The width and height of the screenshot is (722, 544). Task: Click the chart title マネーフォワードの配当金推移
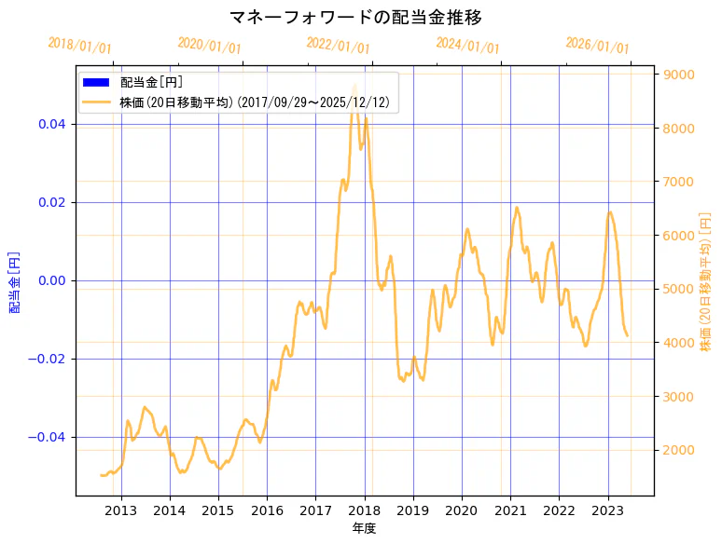coord(355,18)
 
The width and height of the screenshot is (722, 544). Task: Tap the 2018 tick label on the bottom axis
coord(365,510)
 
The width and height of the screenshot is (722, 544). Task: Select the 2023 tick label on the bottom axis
coord(608,510)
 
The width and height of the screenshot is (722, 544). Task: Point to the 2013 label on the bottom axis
coord(121,510)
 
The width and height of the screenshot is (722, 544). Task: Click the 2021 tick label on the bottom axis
coord(510,510)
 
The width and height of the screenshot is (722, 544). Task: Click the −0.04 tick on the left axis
coord(49,437)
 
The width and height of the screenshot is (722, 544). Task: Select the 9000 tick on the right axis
coord(677,75)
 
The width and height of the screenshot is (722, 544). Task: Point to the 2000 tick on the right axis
coord(677,450)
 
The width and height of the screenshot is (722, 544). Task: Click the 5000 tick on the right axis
coord(677,289)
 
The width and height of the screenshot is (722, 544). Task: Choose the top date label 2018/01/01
coord(79,46)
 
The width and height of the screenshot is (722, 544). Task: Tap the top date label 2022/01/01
coord(338,46)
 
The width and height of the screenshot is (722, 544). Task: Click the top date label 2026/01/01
coord(597,46)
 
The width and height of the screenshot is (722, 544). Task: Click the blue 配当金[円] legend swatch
coord(96,83)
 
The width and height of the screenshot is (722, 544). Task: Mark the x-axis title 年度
coord(364,528)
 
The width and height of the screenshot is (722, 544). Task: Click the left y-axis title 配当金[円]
coord(15,281)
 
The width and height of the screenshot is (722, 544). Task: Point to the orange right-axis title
coord(705,281)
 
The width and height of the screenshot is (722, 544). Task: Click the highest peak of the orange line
coord(354,86)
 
